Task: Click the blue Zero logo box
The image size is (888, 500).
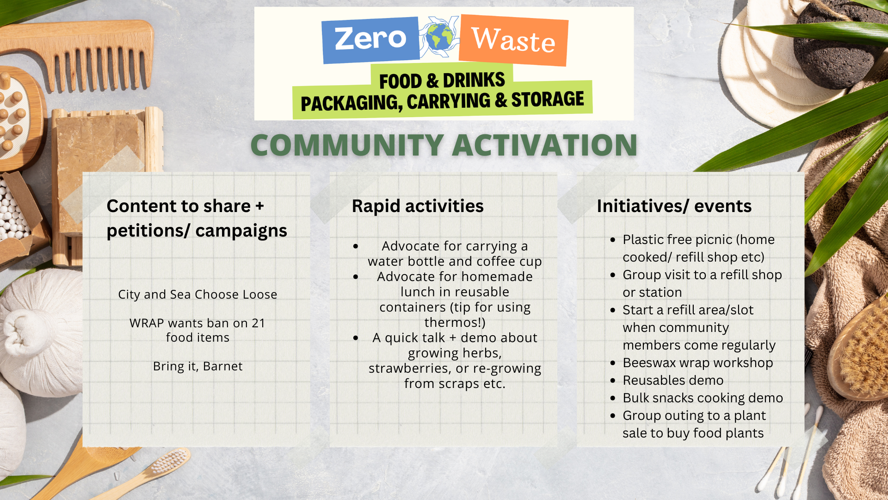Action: tap(370, 40)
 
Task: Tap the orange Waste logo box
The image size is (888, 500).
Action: tap(513, 40)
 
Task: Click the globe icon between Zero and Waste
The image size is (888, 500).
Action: tap(439, 37)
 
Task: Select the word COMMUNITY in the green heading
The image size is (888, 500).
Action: tap(347, 145)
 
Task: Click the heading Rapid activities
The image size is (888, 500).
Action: tap(418, 206)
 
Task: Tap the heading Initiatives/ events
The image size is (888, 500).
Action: tap(674, 206)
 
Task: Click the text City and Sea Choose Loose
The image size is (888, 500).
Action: tap(197, 294)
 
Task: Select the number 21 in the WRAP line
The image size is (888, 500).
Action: tap(258, 323)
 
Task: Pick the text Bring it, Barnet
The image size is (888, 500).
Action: tap(197, 366)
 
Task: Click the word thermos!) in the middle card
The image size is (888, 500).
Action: tap(455, 322)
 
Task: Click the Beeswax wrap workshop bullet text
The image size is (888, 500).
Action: tap(698, 363)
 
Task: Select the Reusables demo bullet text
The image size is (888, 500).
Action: tap(673, 380)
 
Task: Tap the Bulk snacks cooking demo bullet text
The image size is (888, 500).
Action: tap(703, 398)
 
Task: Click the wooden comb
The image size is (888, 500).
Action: tap(79, 53)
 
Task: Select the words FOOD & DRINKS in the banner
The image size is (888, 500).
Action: tap(442, 81)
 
